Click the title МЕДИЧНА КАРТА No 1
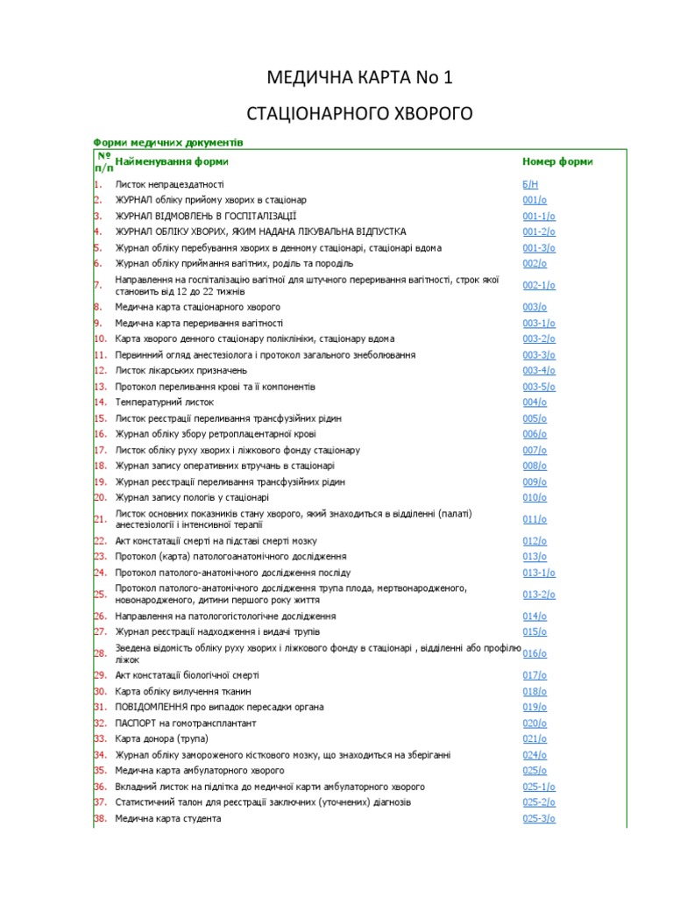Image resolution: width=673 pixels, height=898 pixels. [x=360, y=79]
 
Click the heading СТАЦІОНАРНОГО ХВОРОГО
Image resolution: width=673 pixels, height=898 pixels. [x=360, y=114]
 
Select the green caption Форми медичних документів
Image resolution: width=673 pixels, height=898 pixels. [x=168, y=141]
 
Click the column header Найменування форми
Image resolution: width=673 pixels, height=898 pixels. [x=172, y=161]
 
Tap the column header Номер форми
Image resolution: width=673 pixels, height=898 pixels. [x=557, y=161]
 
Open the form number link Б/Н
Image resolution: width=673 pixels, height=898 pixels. [x=530, y=185]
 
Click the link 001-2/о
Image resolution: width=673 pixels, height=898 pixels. [x=539, y=232]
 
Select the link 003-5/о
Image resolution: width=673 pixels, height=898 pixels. [x=539, y=387]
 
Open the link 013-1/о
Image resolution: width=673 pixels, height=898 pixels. [x=539, y=573]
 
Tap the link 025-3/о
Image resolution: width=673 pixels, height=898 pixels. [x=539, y=818]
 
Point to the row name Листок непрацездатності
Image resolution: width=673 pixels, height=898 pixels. [x=169, y=185]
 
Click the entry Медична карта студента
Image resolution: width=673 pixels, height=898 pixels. [x=168, y=818]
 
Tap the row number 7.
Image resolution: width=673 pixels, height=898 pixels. [x=97, y=285]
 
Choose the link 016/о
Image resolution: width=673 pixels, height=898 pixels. [x=535, y=653]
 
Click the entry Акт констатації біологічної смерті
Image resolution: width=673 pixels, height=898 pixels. [x=187, y=675]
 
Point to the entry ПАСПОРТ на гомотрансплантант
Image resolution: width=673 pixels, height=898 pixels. [x=186, y=723]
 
